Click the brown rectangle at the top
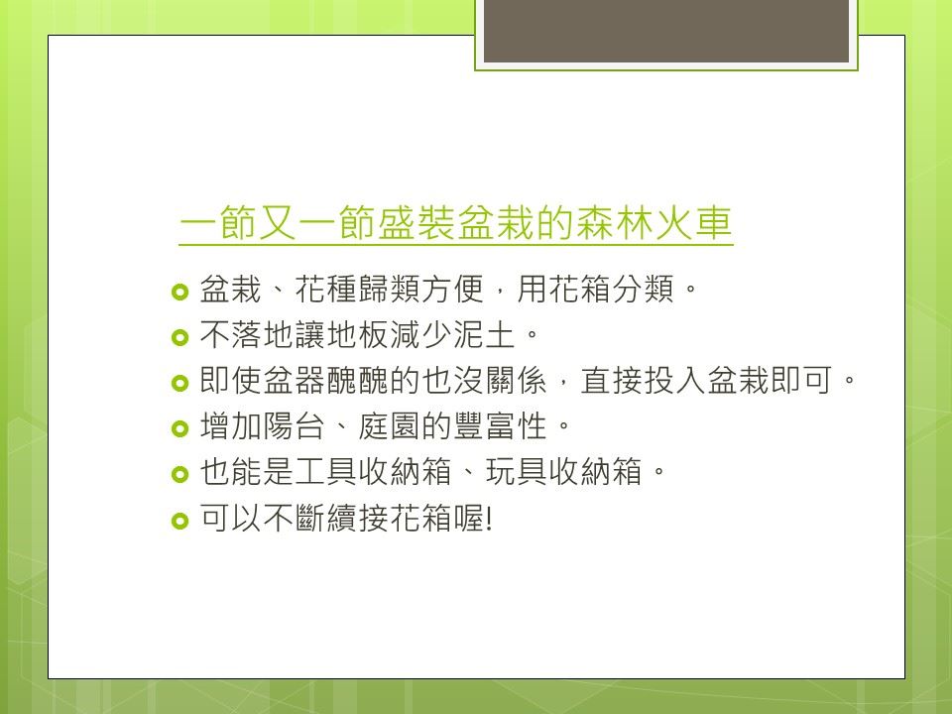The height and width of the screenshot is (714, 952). tap(666, 31)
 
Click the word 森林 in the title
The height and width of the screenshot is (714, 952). tap(614, 223)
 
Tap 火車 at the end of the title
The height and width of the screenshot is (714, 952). tap(692, 223)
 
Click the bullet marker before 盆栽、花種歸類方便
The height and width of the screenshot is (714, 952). tap(180, 292)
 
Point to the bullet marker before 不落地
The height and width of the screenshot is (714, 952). tap(180, 337)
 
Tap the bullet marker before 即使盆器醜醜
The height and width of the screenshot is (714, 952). tap(180, 383)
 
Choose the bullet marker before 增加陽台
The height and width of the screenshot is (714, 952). tap(180, 429)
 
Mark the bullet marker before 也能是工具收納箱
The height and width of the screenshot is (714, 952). tap(180, 475)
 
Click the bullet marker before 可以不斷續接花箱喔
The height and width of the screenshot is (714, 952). tap(180, 521)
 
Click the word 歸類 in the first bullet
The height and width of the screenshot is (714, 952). tap(389, 289)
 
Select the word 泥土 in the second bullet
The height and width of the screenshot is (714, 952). tap(484, 334)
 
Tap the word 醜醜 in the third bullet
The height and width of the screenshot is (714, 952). tap(358, 381)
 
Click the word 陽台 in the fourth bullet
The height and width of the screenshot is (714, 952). tap(295, 426)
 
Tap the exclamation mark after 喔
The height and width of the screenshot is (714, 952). tap(489, 519)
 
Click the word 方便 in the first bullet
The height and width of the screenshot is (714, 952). tap(452, 289)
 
